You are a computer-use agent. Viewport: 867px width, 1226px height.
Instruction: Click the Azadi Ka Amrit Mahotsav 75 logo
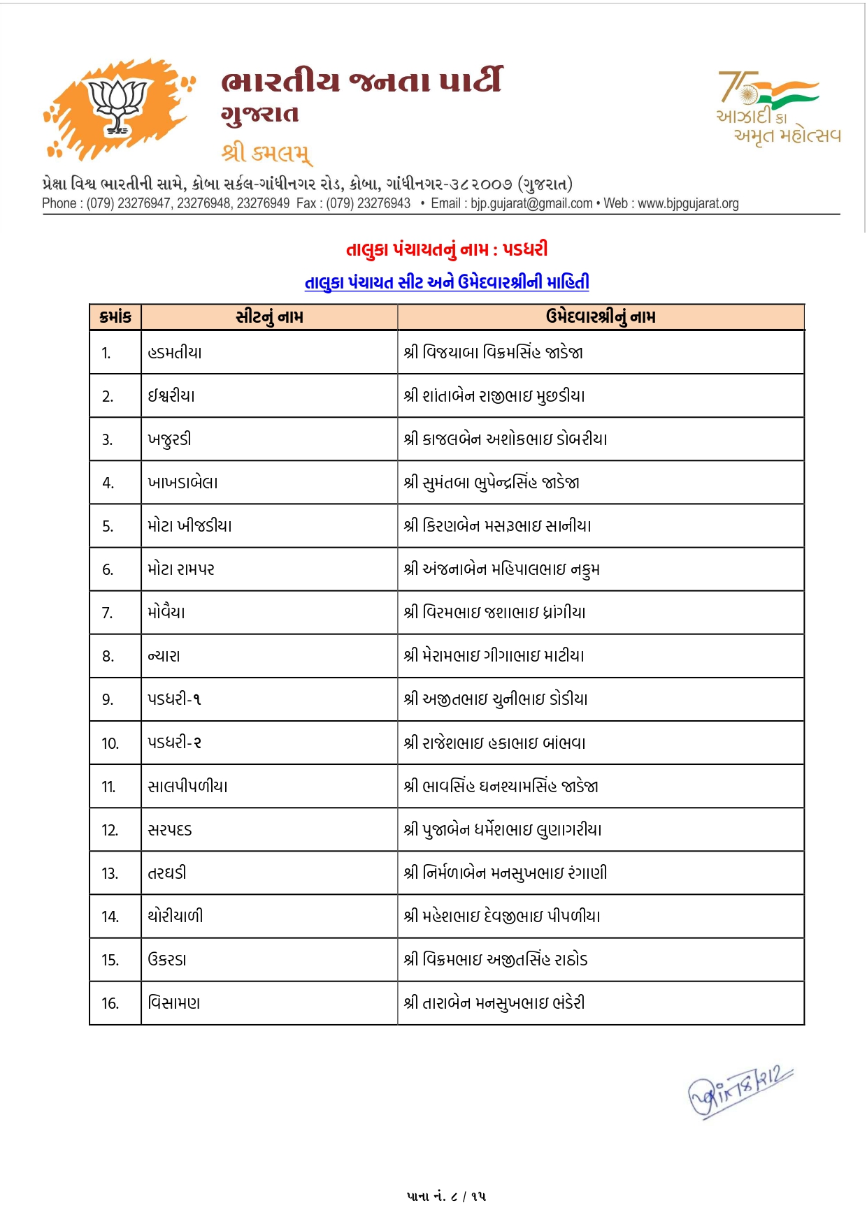click(x=777, y=107)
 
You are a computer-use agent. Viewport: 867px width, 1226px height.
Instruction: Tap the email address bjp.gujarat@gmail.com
click(x=531, y=203)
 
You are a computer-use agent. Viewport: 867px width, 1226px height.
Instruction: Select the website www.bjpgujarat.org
click(x=688, y=203)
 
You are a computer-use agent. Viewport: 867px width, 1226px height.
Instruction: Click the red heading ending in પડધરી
click(x=447, y=249)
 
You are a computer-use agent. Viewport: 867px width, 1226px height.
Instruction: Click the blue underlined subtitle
click(x=447, y=282)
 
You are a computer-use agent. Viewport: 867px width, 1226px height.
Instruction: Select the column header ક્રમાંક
click(x=115, y=317)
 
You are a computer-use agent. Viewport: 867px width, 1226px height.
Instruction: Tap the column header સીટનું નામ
click(x=269, y=317)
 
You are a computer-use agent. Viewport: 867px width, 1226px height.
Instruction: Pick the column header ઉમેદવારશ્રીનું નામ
click(x=601, y=317)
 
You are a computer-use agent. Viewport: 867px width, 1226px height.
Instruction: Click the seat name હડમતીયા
click(x=175, y=353)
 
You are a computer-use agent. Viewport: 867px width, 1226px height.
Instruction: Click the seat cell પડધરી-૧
click(x=174, y=699)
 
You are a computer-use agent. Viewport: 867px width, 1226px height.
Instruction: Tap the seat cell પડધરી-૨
click(x=174, y=743)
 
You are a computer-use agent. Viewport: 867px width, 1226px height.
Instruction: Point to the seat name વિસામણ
click(x=174, y=1003)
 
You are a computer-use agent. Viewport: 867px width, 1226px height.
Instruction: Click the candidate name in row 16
click(x=494, y=1003)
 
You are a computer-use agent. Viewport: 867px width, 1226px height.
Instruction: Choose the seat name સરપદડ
click(x=170, y=830)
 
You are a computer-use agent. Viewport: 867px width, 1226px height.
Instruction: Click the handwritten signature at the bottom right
click(x=740, y=1092)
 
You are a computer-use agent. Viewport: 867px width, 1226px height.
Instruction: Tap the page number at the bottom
click(x=446, y=1197)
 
